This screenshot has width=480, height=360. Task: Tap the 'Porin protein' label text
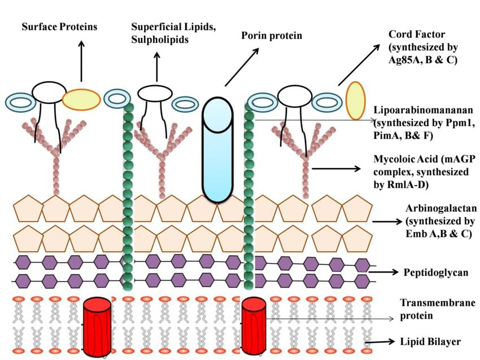pos(272,36)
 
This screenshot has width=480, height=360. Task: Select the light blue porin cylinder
pos(218,150)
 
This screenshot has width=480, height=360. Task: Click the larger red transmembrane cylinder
pos(98,324)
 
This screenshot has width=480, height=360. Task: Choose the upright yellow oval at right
pos(355,101)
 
